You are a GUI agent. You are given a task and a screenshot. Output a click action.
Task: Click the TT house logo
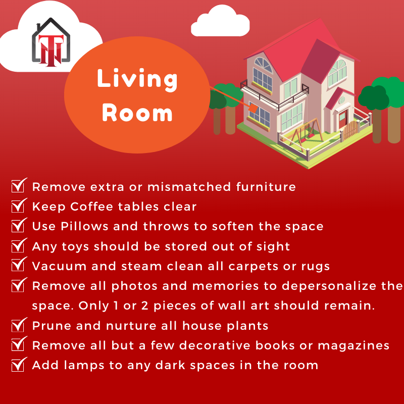coord(51,42)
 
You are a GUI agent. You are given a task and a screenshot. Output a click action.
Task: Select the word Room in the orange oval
coord(137,113)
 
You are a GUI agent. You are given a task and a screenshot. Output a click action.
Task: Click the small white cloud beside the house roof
coord(220,21)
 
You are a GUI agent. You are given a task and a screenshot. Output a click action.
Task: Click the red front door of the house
coord(343,119)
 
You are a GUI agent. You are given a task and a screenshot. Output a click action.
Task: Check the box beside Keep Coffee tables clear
coord(19,206)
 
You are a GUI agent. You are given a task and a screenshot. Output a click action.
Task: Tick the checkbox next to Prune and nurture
coord(19,325)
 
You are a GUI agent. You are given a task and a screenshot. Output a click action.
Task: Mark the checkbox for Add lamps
coord(19,365)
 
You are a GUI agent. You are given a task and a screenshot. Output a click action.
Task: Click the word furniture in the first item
coord(266,186)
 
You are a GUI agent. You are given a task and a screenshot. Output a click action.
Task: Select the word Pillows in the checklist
coord(84,226)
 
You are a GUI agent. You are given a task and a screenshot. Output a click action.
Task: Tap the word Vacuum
coord(59,266)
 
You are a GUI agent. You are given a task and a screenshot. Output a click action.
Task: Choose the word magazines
coord(353,346)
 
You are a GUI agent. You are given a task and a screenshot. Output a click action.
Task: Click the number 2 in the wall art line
coord(144,306)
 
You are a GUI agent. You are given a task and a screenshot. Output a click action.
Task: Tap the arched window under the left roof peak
coord(263,65)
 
